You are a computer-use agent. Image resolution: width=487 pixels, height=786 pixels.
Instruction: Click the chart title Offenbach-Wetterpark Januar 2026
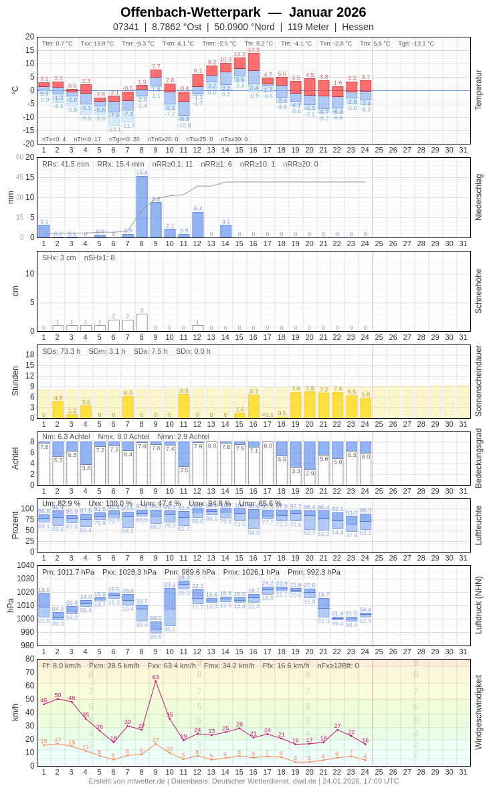[x=243, y=12]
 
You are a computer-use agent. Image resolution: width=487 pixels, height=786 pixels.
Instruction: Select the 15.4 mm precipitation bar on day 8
[x=142, y=207]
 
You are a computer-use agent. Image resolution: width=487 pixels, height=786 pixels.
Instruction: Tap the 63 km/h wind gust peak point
[x=156, y=682]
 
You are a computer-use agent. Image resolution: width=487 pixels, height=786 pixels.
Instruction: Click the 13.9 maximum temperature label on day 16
[x=254, y=50]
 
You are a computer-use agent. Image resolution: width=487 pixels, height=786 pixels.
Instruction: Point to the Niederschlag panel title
[x=478, y=197]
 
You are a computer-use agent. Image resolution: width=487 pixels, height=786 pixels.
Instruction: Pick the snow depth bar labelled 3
[x=142, y=322]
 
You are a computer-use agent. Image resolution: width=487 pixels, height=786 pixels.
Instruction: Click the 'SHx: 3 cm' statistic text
[x=58, y=258]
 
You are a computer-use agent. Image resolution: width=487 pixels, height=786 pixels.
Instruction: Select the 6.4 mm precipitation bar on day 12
[x=198, y=225]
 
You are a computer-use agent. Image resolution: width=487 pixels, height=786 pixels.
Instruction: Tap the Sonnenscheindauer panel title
[x=478, y=381]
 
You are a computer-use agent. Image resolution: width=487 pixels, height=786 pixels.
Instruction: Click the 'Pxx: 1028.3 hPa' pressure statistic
[x=129, y=572]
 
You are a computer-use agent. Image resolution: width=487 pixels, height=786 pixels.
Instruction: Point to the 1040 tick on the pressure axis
[x=25, y=565]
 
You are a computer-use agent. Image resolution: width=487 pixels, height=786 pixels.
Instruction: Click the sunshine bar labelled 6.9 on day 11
[x=184, y=406]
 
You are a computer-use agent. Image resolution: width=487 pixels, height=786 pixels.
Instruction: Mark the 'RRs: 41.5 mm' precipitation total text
[x=66, y=164]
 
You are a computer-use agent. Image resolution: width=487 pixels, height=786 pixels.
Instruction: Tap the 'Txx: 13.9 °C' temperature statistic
[x=97, y=43]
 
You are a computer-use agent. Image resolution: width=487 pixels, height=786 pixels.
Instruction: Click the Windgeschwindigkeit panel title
[x=478, y=712]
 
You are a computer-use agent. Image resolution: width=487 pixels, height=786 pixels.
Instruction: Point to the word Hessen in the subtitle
[x=358, y=27]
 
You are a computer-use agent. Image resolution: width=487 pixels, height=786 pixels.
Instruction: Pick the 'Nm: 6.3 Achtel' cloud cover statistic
[x=66, y=436]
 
